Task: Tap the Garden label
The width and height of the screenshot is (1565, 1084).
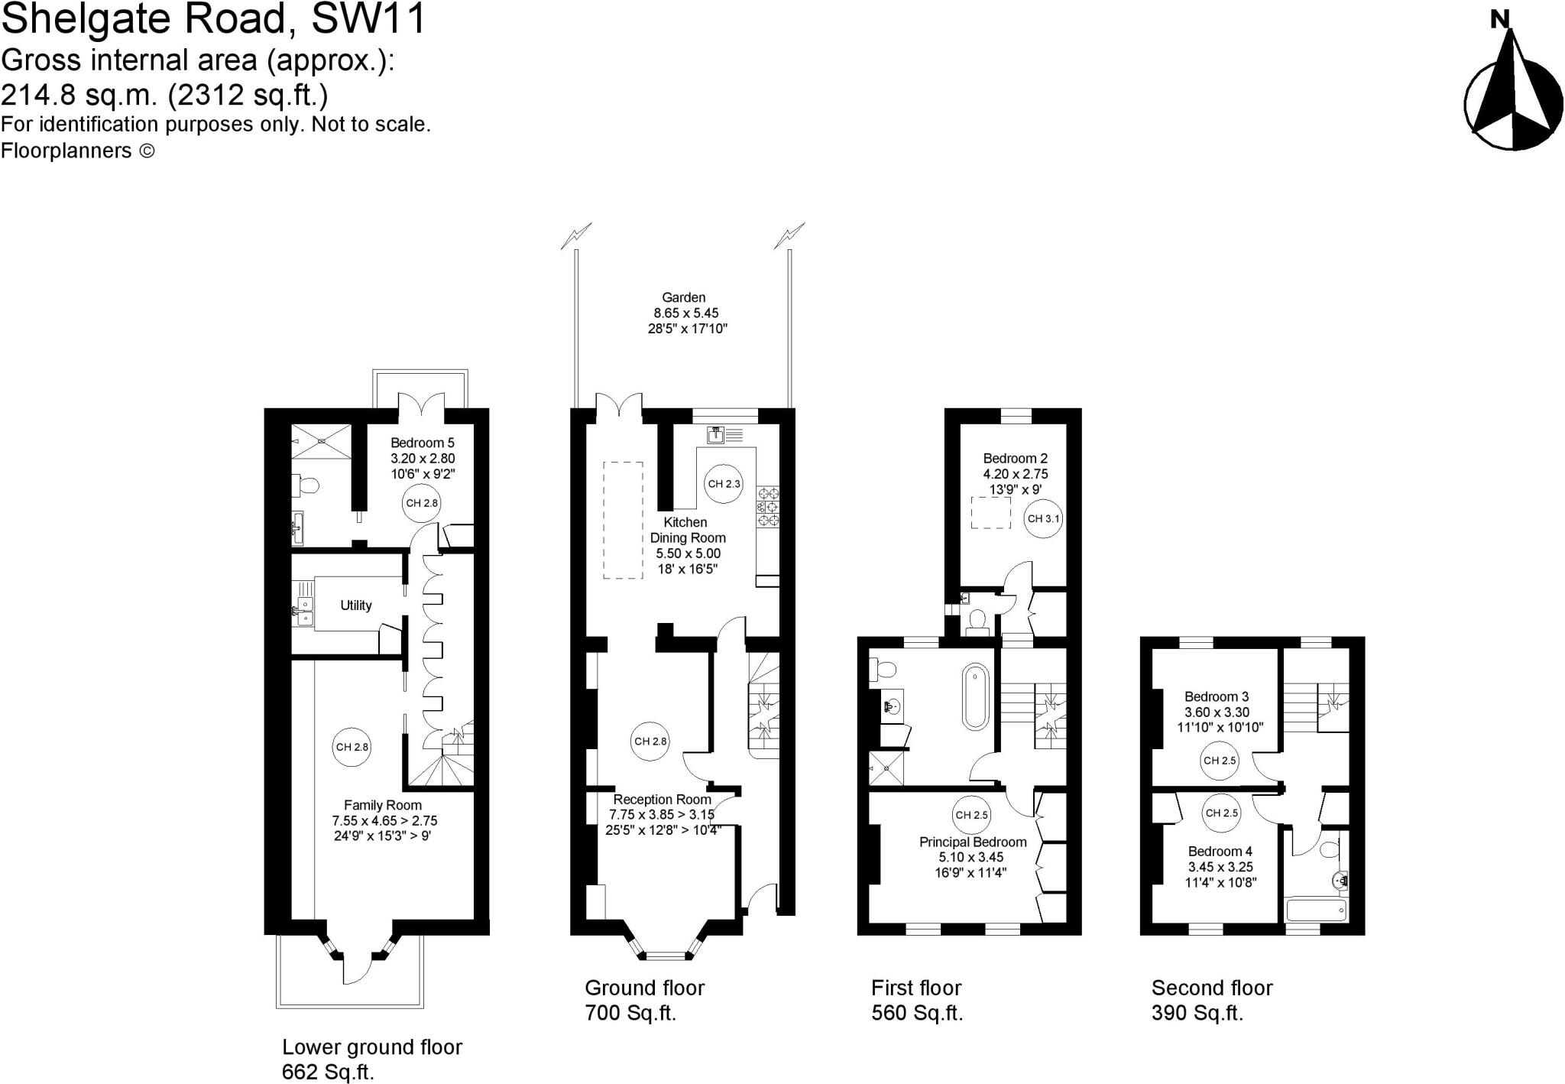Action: click(683, 297)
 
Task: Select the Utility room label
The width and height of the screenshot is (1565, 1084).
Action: click(355, 605)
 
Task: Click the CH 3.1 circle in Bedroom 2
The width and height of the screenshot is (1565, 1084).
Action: click(1043, 519)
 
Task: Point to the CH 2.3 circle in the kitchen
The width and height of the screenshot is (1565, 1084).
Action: click(724, 484)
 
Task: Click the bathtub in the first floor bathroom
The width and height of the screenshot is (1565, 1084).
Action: click(975, 696)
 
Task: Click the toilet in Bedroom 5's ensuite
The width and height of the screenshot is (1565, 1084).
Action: click(307, 485)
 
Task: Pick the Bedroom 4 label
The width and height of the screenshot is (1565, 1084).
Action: click(1220, 852)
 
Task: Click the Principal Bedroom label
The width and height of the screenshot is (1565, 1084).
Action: click(972, 842)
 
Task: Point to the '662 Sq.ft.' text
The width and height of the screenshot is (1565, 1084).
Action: click(328, 1072)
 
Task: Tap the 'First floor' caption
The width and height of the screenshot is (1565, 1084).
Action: click(915, 988)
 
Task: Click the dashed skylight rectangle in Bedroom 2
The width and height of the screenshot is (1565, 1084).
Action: click(990, 512)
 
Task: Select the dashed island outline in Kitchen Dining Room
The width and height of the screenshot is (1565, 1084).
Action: click(623, 520)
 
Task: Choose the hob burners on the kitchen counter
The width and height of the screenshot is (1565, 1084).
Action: click(767, 506)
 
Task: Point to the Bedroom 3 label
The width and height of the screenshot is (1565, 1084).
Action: click(1216, 696)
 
